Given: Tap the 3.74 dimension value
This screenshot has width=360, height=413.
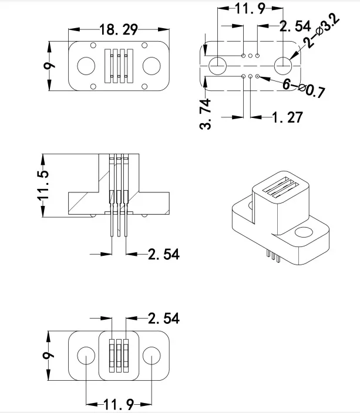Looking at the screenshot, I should pyautogui.click(x=206, y=114).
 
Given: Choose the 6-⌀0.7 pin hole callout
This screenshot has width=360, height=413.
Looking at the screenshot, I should pyautogui.click(x=304, y=87).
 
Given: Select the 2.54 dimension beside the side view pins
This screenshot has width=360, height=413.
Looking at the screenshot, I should pyautogui.click(x=163, y=254).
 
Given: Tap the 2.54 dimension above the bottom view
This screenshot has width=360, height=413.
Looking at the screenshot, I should pyautogui.click(x=163, y=318).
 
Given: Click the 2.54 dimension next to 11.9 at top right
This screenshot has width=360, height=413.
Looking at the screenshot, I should pyautogui.click(x=294, y=26).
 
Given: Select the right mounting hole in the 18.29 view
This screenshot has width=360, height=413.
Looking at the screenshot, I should pyautogui.click(x=152, y=66).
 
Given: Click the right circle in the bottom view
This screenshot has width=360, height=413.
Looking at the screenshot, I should pyautogui.click(x=152, y=356).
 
